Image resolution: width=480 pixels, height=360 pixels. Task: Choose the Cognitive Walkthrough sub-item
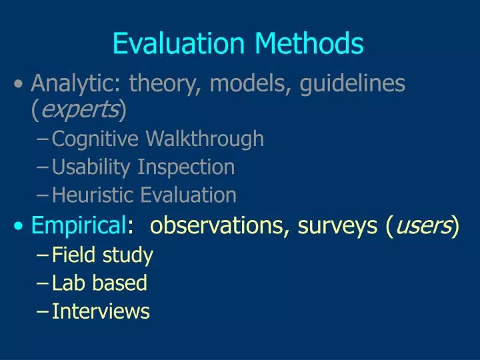point(158,139)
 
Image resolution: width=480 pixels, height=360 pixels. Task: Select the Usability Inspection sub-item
point(143,167)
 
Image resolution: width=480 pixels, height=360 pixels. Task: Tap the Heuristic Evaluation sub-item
point(144,195)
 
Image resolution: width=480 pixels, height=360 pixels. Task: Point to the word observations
point(216,227)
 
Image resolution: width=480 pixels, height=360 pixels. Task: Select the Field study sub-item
point(103,255)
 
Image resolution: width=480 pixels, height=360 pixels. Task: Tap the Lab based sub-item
point(99,283)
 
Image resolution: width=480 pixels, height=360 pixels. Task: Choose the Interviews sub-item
point(101,311)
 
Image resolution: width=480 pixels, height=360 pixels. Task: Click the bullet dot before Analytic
point(21,85)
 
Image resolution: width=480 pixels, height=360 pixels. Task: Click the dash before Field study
point(44,255)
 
